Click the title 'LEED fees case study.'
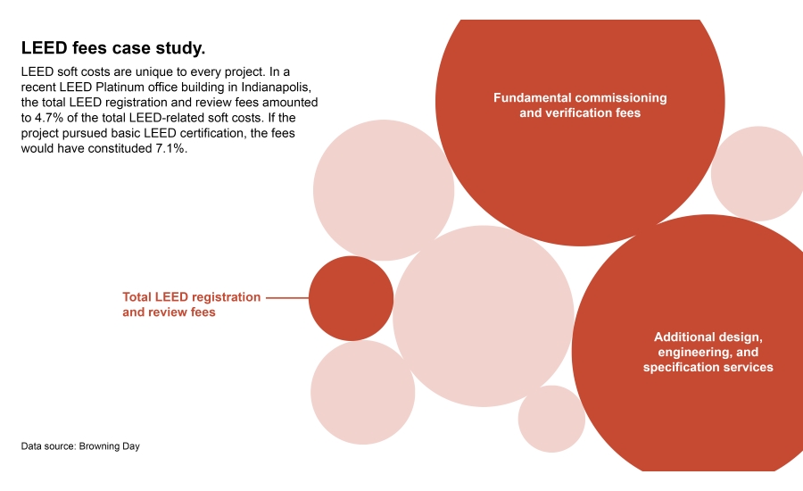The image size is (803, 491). click(113, 47)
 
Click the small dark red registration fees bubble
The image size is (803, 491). click(351, 298)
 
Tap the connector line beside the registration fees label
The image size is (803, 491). click(286, 297)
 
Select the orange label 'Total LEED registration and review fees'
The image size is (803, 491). click(191, 304)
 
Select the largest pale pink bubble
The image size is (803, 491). click(483, 316)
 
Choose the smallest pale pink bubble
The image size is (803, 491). click(551, 419)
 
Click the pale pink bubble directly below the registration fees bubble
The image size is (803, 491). click(362, 392)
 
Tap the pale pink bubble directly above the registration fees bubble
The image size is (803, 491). click(384, 190)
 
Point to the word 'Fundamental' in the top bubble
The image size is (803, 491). click(532, 97)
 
